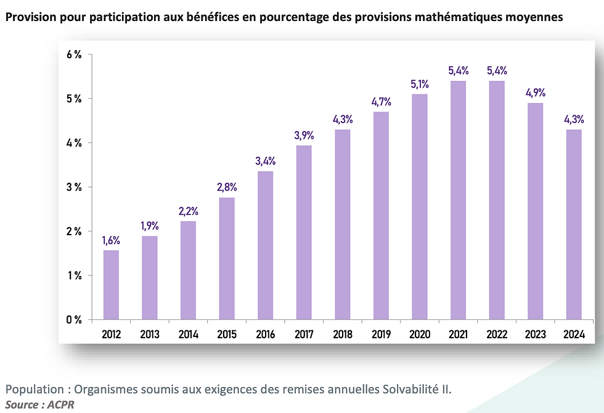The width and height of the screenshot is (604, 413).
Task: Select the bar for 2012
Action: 112,285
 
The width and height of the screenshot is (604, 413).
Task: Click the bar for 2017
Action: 303,233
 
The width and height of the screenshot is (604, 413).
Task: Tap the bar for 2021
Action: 459,200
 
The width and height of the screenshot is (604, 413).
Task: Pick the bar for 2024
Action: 574,224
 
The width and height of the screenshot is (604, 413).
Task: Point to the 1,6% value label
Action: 112,241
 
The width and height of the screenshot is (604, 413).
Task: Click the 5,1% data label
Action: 420,84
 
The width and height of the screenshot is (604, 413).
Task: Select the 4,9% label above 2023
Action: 536,93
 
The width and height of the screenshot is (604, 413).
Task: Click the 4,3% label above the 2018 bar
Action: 342,120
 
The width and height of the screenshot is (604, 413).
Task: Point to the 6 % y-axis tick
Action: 74,54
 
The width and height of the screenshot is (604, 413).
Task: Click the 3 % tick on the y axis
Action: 74,187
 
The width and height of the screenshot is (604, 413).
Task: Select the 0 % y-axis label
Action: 74,320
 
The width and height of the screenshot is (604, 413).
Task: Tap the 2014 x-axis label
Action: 188,335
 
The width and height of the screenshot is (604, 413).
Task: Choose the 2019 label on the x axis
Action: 382,335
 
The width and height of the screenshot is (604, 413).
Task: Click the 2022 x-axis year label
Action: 497,335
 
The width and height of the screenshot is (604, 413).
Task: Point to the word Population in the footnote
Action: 33,390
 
